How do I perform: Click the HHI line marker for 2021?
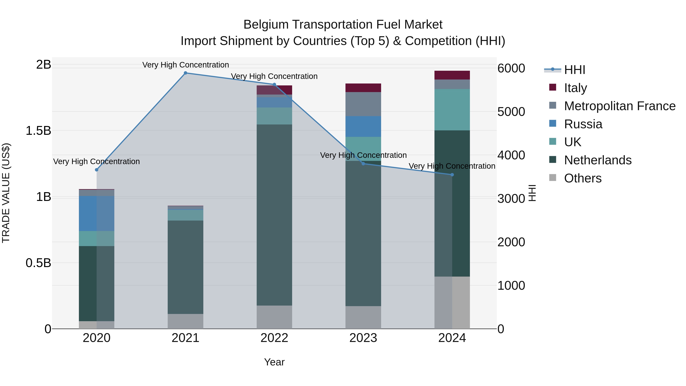pos(185,73)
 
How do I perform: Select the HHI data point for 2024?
pos(452,175)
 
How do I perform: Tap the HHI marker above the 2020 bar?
pos(97,170)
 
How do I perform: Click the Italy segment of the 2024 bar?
pos(452,75)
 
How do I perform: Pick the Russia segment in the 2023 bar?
pos(363,127)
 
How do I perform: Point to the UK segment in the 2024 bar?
pos(452,110)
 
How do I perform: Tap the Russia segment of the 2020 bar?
pos(97,213)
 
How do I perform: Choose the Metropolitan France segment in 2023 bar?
pos(363,104)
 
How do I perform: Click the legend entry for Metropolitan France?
pos(619,106)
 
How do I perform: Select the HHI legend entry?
pos(574,70)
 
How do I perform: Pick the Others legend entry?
pos(582,178)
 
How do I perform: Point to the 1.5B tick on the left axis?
pos(38,131)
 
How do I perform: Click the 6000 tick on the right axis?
pos(511,68)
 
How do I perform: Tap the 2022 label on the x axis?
pos(274,338)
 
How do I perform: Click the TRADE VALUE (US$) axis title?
pos(6,193)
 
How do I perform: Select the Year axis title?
pos(274,362)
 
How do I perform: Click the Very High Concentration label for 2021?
pos(185,65)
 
